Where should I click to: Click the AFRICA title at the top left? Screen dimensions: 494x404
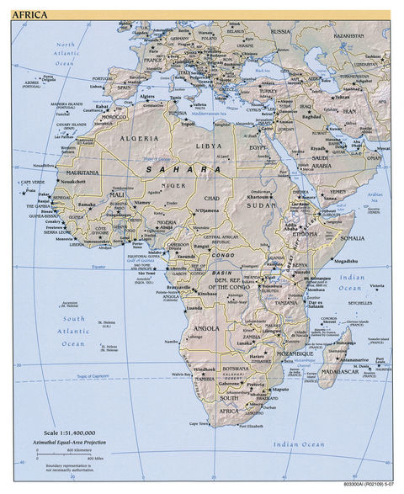tap(29, 14)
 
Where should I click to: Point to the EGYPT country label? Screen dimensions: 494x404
tap(264, 148)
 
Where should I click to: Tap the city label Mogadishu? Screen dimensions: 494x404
tap(345, 261)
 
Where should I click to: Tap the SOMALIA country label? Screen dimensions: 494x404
tap(351, 238)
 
